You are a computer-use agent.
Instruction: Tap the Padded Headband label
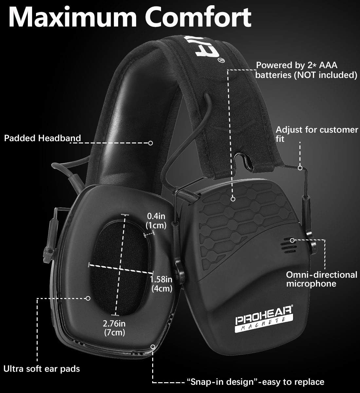click(x=42, y=138)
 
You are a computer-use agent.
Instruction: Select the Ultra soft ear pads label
click(x=42, y=368)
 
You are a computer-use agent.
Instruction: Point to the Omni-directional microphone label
click(x=322, y=279)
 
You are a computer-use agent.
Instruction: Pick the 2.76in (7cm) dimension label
click(x=114, y=328)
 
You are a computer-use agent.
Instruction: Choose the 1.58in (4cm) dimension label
click(x=161, y=284)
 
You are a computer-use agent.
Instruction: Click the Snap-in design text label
click(x=255, y=382)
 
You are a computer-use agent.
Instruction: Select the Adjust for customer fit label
click(x=316, y=134)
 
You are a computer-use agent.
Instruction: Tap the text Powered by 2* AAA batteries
click(x=297, y=65)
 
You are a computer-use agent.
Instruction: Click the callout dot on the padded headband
click(x=151, y=143)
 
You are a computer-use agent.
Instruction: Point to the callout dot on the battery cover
click(x=233, y=199)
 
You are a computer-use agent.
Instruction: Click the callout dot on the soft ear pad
click(x=88, y=298)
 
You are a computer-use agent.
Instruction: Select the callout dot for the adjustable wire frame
click(x=300, y=168)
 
